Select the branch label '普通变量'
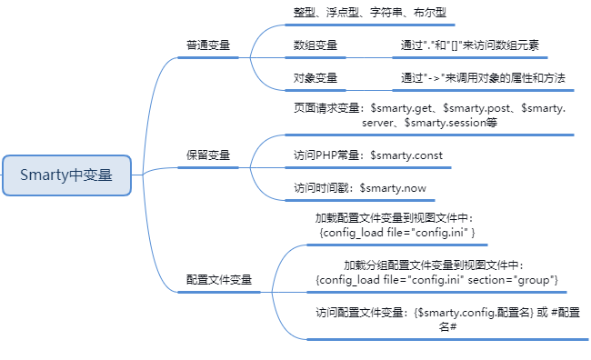pos(208,44)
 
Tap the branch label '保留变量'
pos(208,155)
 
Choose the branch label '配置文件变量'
pos(219,279)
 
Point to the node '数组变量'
pos(316,44)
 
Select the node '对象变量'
pos(316,78)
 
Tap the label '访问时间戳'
pos(321,188)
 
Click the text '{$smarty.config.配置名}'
pos(470,313)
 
